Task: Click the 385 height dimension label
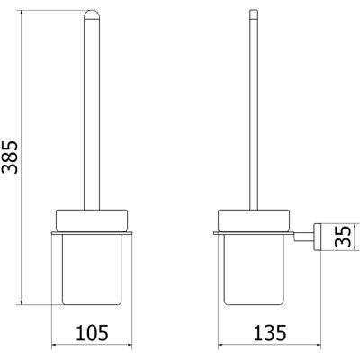tap(10, 157)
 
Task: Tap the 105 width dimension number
tap(92, 331)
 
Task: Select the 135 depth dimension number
tap(270, 331)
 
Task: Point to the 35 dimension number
tap(342, 237)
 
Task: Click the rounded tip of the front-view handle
tap(92, 14)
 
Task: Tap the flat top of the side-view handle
tap(254, 11)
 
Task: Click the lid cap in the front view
tap(92, 220)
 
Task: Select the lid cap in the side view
tap(254, 220)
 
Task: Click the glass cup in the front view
tap(92, 269)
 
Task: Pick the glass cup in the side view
tap(254, 269)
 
